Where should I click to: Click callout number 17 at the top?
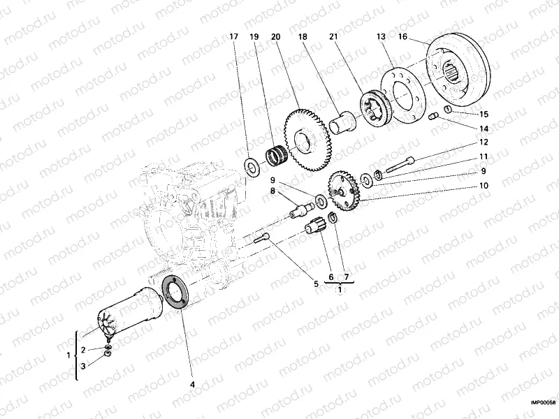(234, 36)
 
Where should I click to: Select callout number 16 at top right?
(404, 36)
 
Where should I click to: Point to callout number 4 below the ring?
(194, 384)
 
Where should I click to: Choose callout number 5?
(315, 284)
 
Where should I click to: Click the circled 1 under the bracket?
(340, 290)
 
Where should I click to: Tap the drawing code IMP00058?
(542, 403)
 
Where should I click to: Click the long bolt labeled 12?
(397, 166)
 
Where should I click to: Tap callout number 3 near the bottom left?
(83, 365)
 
